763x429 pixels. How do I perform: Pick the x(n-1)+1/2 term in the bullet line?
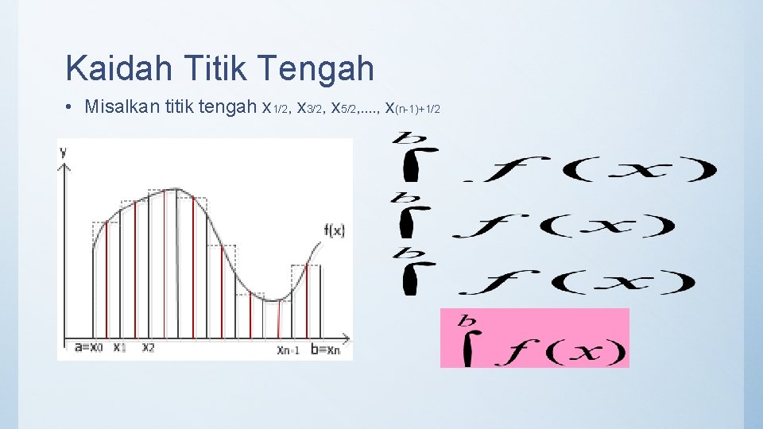412,107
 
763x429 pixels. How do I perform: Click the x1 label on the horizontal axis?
119,347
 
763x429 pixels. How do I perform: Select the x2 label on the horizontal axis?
149,347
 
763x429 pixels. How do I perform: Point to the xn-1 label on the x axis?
288,350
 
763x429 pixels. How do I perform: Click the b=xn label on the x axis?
323,349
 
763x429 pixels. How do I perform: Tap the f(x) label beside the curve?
334,231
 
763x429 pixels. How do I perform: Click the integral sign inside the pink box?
468,347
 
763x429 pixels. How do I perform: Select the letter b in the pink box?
467,322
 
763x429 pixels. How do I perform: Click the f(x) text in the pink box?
560,350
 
